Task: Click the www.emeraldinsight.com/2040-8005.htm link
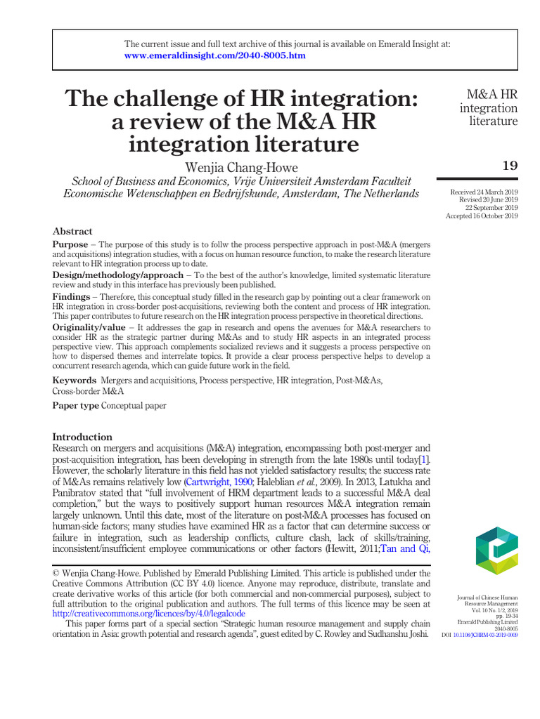coord(215,55)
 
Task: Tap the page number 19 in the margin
coord(509,166)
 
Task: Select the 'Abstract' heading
coord(72,231)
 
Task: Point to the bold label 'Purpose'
coord(70,244)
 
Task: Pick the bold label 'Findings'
coord(71,297)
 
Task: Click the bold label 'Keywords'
coord(75,380)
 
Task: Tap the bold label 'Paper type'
coord(76,406)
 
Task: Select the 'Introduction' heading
coord(82,437)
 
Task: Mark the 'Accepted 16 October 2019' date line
coord(482,216)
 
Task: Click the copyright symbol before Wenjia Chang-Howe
coord(57,574)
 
